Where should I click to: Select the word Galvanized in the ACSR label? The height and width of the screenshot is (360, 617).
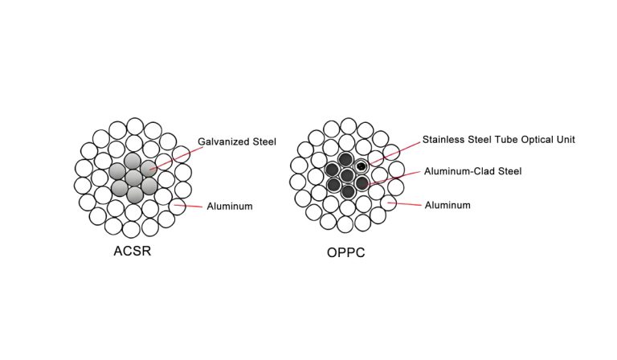223,142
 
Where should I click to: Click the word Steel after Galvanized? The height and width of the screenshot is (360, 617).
263,142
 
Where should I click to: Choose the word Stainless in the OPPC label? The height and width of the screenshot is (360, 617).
445,140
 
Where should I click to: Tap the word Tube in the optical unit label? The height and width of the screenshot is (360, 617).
511,140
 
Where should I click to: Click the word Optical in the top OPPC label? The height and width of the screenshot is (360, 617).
540,140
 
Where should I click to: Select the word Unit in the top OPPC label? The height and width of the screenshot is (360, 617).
567,140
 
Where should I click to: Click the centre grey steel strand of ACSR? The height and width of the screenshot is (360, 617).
133,177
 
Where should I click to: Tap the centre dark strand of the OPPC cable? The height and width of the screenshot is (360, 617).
347,175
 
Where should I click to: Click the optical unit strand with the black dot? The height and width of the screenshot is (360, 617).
362,166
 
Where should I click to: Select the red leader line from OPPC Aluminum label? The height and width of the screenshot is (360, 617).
406,204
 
